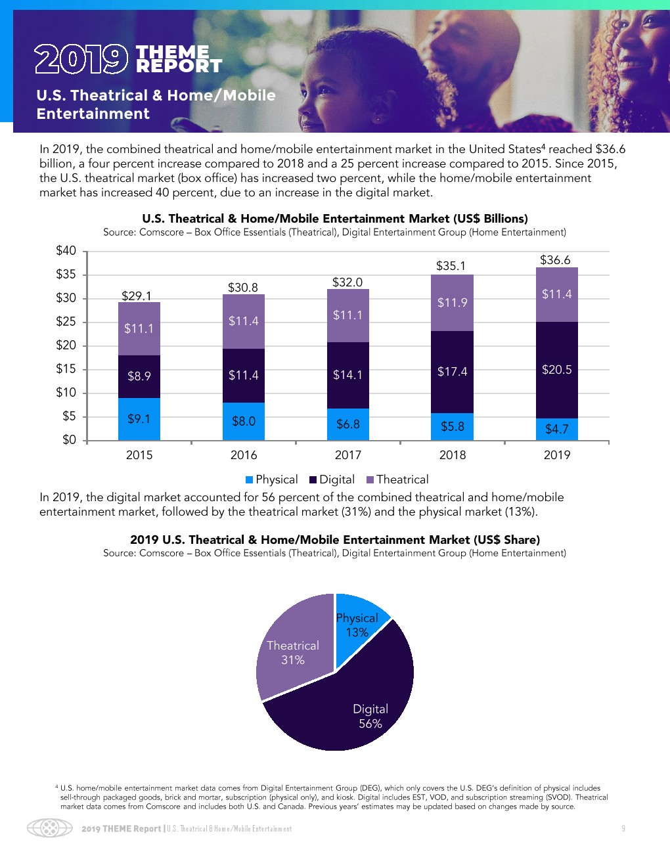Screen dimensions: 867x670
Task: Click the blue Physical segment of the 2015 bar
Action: (139, 419)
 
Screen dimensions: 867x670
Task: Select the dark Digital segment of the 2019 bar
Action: (557, 370)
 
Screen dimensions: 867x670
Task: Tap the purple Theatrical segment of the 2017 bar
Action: (347, 315)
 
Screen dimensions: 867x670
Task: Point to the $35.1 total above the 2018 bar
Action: (451, 266)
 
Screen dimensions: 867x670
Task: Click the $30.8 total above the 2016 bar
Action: (243, 288)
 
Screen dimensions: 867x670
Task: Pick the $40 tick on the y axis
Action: (66, 250)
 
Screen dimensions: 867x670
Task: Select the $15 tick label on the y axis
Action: (66, 368)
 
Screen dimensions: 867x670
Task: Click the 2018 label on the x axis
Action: (452, 455)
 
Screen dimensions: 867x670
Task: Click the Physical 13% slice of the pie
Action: (358, 624)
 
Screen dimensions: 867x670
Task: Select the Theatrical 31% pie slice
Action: (293, 652)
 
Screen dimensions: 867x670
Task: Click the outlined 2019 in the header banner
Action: (81, 59)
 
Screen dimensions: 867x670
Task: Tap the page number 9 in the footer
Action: (623, 829)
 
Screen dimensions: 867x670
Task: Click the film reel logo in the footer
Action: (49, 828)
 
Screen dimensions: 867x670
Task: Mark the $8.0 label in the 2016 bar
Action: (243, 421)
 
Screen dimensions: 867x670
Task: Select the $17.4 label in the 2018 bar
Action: (452, 372)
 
